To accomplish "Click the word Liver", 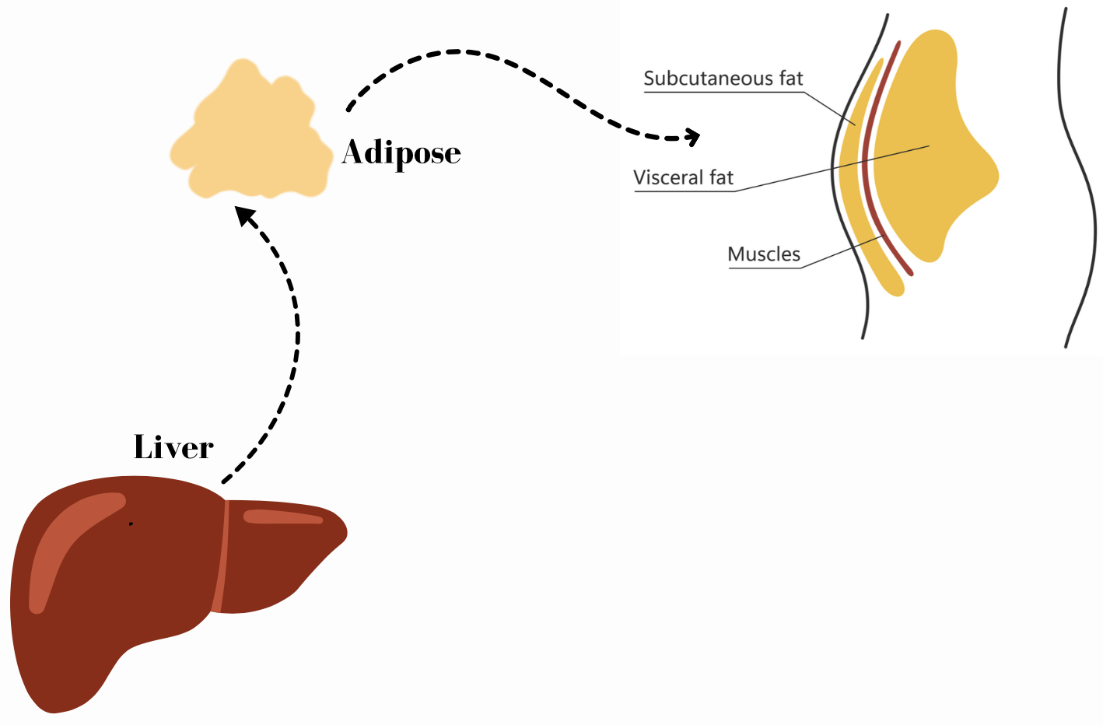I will [173, 447].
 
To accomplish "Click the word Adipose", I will [401, 153].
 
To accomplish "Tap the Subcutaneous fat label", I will [723, 79].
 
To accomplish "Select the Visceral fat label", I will [683, 178].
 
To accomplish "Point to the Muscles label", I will [763, 254].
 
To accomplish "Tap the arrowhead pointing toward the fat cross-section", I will [692, 138].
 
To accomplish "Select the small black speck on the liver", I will [131, 524].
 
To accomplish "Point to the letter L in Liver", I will [145, 447].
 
